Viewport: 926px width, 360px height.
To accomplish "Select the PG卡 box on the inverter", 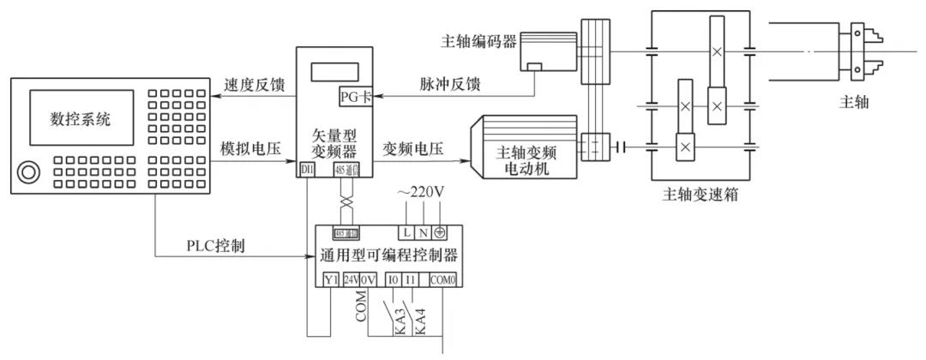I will pos(355,95).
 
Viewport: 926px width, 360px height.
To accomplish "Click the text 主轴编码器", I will pos(477,41).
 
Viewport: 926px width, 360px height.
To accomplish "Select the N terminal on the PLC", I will pos(424,232).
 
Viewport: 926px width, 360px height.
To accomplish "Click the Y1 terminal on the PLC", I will pos(331,279).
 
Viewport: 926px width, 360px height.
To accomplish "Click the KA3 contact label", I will pos(399,322).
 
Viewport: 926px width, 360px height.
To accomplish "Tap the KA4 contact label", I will pos(420,322).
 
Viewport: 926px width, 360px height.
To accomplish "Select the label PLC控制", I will pos(216,246).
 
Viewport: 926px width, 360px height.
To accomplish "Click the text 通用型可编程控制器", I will pos(388,255).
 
